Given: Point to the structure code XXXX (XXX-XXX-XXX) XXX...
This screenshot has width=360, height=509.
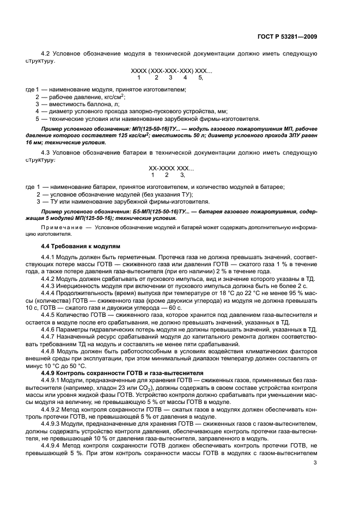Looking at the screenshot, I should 171,71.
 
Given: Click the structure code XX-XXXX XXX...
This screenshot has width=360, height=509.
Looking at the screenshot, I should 171,168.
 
